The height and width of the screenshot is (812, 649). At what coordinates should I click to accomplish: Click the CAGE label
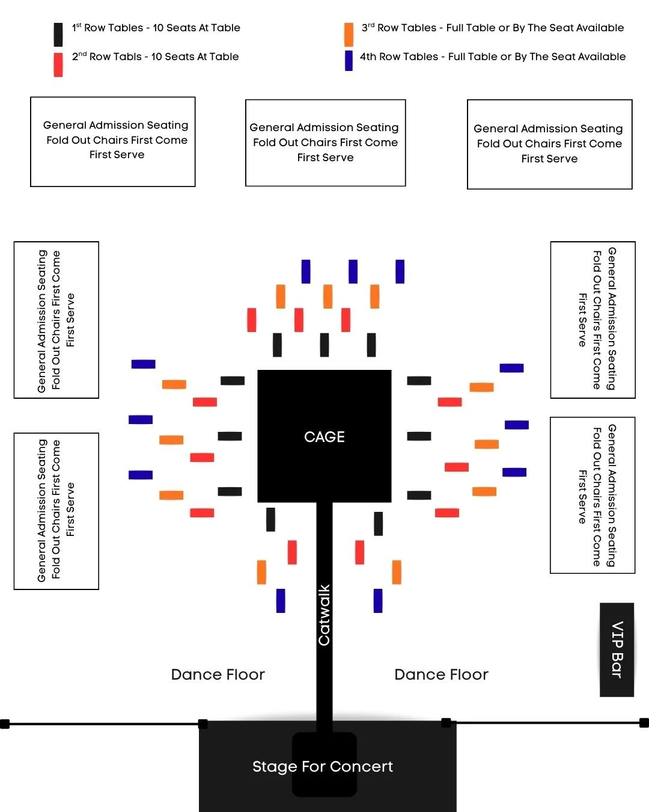click(x=324, y=437)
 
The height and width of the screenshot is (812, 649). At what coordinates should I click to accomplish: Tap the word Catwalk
click(x=324, y=615)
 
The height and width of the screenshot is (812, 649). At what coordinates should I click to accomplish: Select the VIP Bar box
click(x=617, y=650)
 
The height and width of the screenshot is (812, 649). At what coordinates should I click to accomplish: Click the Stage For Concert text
click(x=323, y=766)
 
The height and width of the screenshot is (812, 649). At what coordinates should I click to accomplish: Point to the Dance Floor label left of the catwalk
click(x=218, y=674)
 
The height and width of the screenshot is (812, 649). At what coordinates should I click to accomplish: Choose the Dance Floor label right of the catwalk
click(x=441, y=674)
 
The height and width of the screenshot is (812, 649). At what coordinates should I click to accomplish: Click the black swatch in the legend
click(x=58, y=35)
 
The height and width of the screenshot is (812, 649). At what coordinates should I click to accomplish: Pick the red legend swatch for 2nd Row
click(x=58, y=65)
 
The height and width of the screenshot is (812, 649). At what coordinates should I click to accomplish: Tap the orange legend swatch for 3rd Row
click(x=349, y=35)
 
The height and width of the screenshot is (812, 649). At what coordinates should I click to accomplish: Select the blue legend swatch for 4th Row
click(x=349, y=61)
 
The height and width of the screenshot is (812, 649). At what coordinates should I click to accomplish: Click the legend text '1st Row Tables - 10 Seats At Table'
click(x=156, y=28)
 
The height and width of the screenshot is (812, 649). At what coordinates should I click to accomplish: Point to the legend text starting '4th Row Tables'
click(x=493, y=57)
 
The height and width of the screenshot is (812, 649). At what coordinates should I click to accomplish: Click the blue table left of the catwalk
click(x=281, y=600)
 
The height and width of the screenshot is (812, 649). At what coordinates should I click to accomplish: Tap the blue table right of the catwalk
click(x=378, y=600)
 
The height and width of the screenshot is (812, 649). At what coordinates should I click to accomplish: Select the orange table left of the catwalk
click(x=261, y=572)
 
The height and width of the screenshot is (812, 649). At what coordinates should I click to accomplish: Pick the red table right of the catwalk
click(x=359, y=552)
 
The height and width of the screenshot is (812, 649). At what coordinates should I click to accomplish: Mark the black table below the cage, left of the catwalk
click(x=270, y=520)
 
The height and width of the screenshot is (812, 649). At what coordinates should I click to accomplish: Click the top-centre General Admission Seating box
click(x=325, y=143)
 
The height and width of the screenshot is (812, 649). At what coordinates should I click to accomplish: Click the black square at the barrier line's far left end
click(x=5, y=724)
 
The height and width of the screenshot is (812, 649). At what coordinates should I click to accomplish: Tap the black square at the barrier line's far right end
click(x=644, y=722)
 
